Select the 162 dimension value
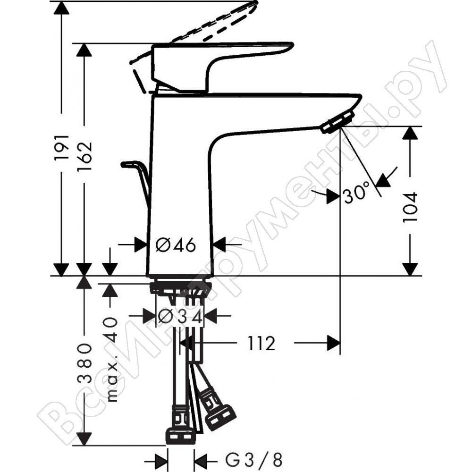coord(84,156)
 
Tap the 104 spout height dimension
coord(410,207)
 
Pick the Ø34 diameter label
coord(180,316)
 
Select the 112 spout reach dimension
coord(261,344)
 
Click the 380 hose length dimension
coord(84,363)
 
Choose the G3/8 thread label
coord(253,460)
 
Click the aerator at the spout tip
coord(337,121)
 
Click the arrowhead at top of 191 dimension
coord(61,8)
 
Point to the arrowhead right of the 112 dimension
coord(334,343)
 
